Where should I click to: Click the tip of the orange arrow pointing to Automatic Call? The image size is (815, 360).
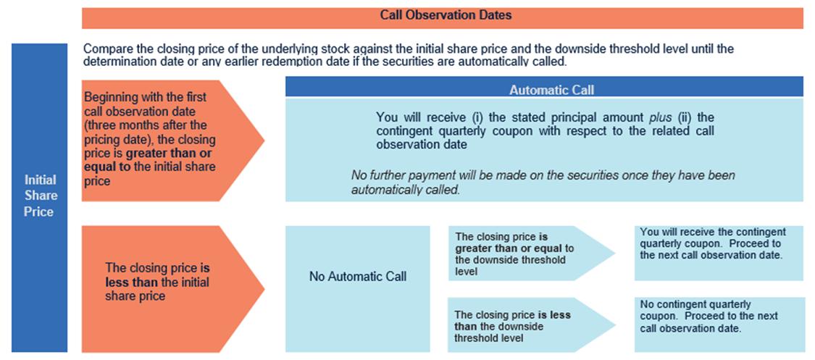pyautogui.click(x=264, y=141)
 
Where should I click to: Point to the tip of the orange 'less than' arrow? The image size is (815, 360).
pyautogui.click(x=264, y=289)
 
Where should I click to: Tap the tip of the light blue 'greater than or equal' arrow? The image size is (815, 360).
pyautogui.click(x=615, y=254)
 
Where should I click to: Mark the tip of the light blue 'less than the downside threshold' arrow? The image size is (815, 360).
pyautogui.click(x=615, y=325)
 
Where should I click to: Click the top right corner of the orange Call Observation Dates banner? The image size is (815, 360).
pyautogui.click(x=803, y=8)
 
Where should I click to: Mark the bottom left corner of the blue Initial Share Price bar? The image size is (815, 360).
pyautogui.click(x=12, y=352)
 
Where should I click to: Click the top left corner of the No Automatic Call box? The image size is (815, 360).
pyautogui.click(x=286, y=226)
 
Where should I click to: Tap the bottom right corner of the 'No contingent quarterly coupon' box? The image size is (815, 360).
pyautogui.click(x=805, y=352)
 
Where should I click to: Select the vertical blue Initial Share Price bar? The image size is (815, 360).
pyautogui.click(x=40, y=198)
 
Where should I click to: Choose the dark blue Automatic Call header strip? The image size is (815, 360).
pyautogui.click(x=544, y=87)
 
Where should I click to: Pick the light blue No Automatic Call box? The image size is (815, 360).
pyautogui.click(x=358, y=289)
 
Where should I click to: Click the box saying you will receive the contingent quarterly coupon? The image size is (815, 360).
pyautogui.click(x=719, y=253)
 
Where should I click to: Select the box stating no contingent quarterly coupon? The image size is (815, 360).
pyautogui.click(x=719, y=325)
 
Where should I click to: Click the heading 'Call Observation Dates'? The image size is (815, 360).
pyautogui.click(x=446, y=15)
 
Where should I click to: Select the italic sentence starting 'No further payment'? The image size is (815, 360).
pyautogui.click(x=543, y=183)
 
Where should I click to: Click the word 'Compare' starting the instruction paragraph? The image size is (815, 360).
pyautogui.click(x=104, y=50)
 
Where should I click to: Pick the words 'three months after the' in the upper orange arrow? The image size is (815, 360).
pyautogui.click(x=146, y=126)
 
